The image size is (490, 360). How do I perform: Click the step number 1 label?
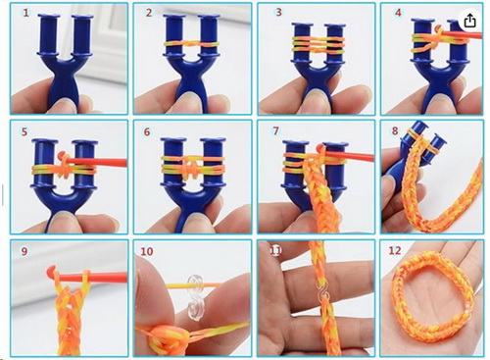coord(24,14)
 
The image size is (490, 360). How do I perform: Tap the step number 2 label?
coord(148,14)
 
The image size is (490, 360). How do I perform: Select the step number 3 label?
coord(278,14)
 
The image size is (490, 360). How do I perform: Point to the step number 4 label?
coord(397,14)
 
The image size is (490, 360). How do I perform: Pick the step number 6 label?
coord(148,129)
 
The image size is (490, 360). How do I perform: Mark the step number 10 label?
coord(147,251)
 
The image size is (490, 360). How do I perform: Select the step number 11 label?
coord(275,249)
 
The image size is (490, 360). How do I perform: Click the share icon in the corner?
coord(470,20)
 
